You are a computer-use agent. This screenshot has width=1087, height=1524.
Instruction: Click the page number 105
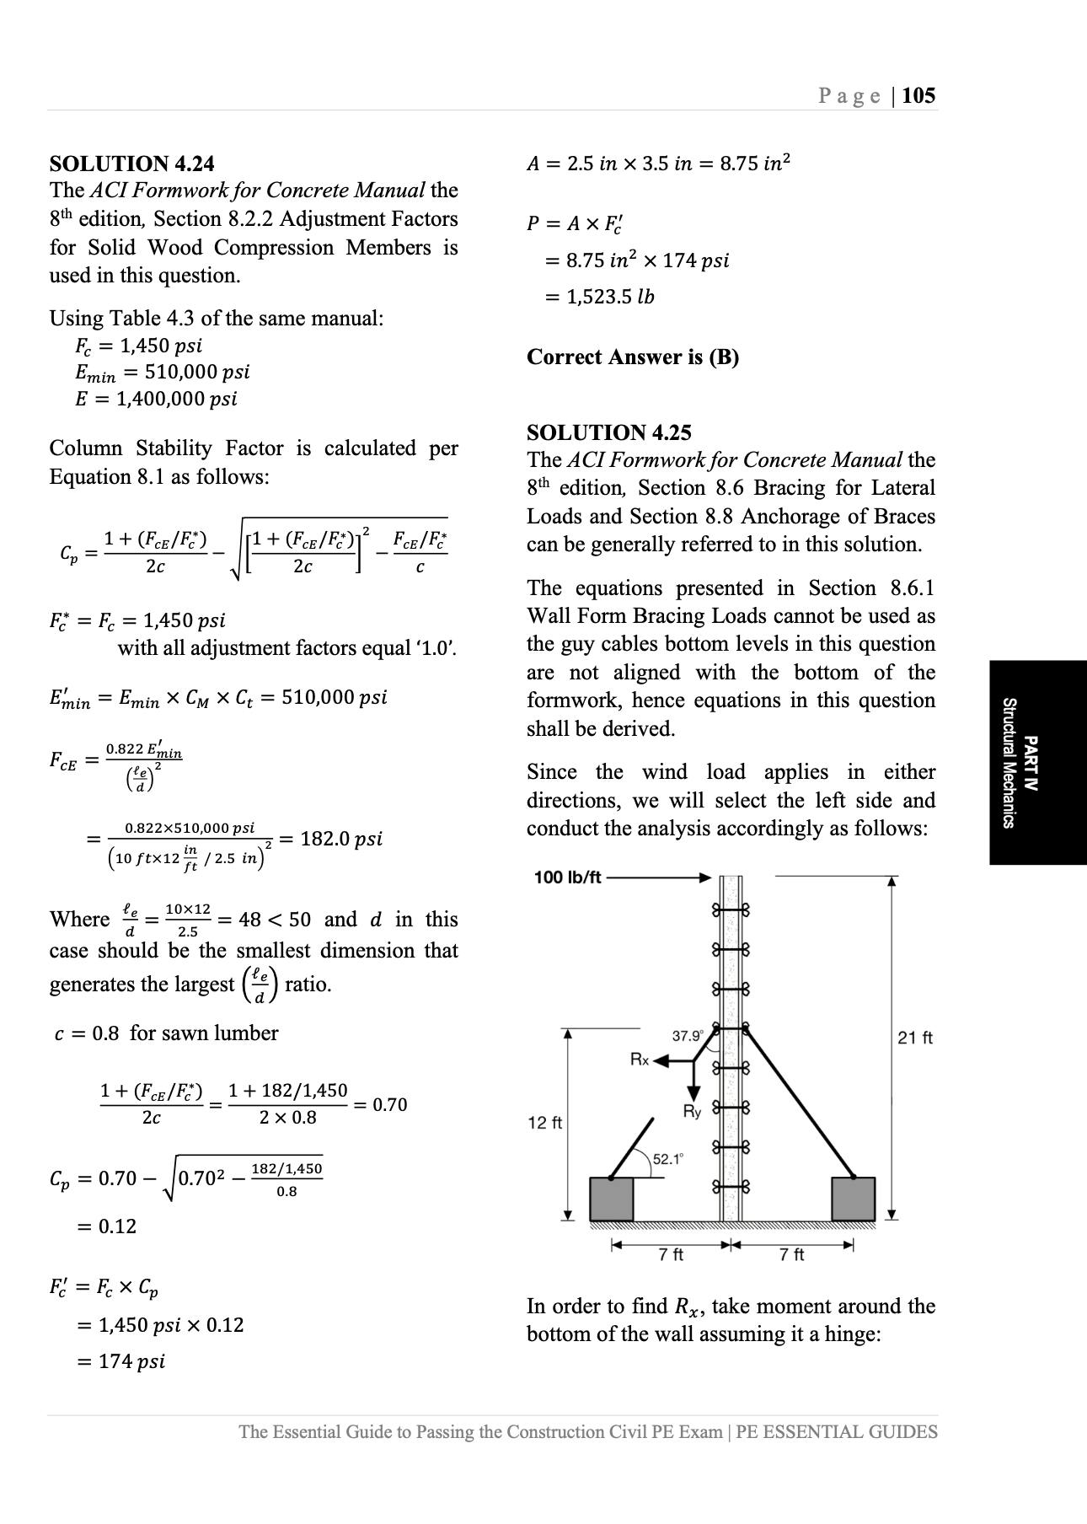point(918,95)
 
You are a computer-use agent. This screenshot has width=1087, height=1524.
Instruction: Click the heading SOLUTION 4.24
point(131,163)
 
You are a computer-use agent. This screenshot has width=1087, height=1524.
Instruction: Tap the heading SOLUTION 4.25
point(608,432)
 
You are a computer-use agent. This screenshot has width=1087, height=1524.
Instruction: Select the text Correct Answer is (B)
point(632,357)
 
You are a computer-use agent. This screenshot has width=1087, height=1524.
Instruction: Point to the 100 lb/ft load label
point(567,877)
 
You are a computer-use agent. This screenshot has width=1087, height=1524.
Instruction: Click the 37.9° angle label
point(688,1036)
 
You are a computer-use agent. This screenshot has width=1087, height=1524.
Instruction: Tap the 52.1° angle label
point(668,1159)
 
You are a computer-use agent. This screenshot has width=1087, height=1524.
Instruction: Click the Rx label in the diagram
point(640,1060)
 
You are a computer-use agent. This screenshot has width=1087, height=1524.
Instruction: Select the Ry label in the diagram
point(692,1112)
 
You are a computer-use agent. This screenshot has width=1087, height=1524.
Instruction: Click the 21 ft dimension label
point(914,1038)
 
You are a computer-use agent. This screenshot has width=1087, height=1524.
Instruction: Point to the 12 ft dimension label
point(544,1123)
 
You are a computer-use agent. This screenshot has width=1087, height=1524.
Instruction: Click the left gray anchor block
point(611,1199)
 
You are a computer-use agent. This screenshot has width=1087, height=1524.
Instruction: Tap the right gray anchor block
point(853,1199)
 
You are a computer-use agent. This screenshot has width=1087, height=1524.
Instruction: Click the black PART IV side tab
point(1037,762)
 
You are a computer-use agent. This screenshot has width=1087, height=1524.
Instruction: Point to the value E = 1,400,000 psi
point(156,399)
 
